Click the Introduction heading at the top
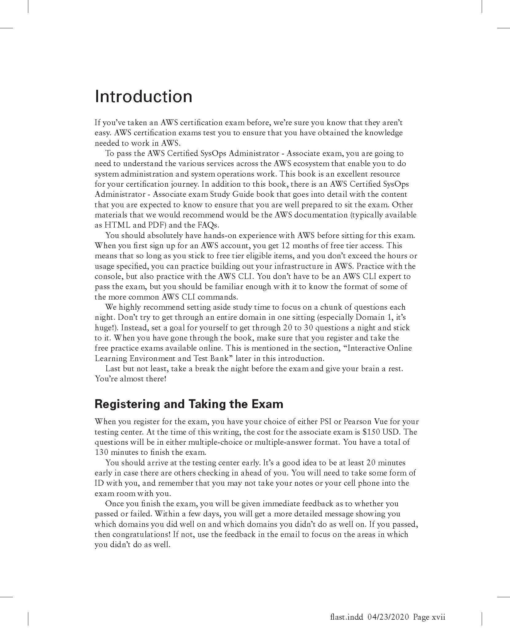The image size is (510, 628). [144, 96]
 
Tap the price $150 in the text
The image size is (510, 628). [371, 432]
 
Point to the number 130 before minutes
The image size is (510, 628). [101, 452]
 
